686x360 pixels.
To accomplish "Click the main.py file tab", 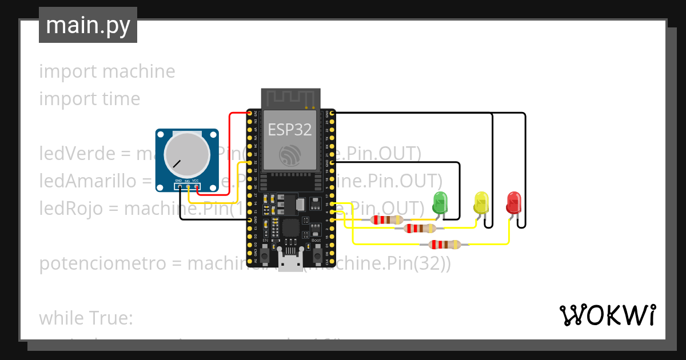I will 87,25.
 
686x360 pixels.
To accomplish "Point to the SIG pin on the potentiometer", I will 188,186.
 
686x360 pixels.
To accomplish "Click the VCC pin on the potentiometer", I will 196,186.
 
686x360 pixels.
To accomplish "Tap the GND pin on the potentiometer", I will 179,186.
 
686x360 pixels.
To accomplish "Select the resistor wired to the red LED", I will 445,245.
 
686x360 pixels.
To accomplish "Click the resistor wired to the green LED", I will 387,219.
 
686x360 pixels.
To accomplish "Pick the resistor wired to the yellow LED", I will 420,229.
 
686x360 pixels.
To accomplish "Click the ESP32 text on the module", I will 290,130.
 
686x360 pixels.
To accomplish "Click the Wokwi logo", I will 607,315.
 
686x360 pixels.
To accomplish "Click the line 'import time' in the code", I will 89,99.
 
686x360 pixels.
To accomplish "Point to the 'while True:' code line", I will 86,318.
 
